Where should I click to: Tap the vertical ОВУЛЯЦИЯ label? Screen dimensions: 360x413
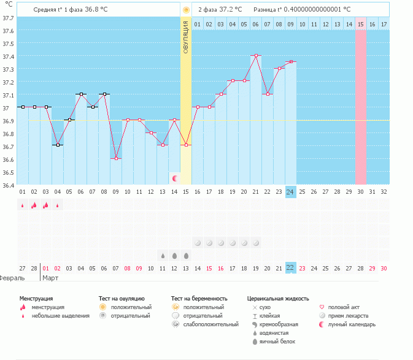click(186, 37)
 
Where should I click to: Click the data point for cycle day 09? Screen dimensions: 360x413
click(116, 158)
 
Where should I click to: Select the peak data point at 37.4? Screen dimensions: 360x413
click(256, 55)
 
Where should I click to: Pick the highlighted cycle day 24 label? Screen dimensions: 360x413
click(290, 191)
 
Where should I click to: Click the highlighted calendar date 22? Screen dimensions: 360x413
click(290, 268)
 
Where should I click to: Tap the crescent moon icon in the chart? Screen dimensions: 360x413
click(175, 178)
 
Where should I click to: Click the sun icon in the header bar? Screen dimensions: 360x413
click(186, 10)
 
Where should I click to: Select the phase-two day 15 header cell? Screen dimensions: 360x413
click(361, 24)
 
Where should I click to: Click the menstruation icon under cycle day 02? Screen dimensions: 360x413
click(34, 205)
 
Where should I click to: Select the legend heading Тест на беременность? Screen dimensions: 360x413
click(204, 298)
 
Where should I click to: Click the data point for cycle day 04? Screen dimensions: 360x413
click(58, 145)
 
